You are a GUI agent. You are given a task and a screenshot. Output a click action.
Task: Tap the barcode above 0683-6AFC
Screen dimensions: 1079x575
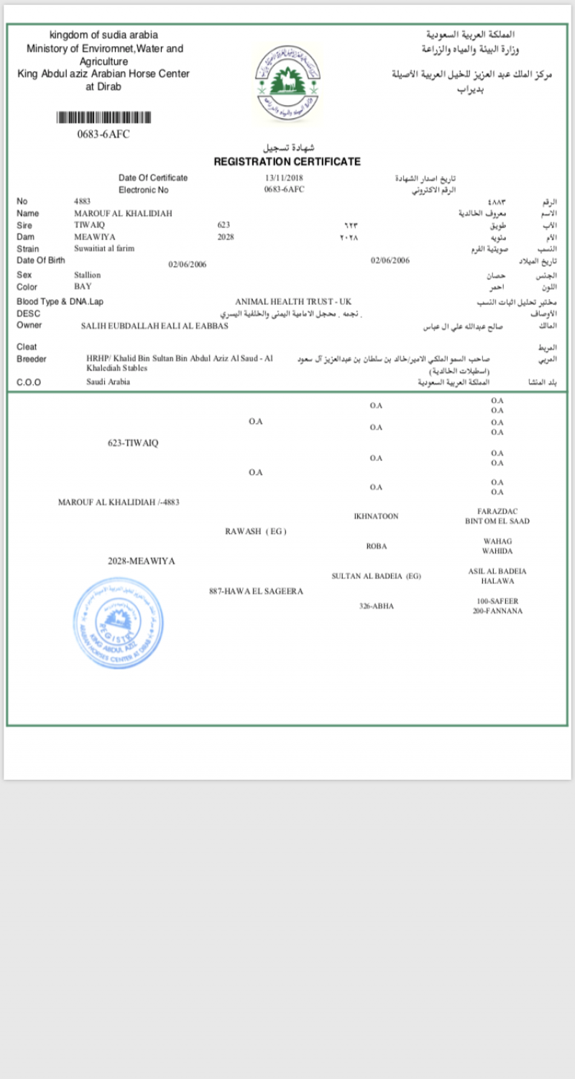pyautogui.click(x=103, y=118)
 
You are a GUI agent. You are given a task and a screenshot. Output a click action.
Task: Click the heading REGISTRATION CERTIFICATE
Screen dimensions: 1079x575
pyautogui.click(x=287, y=162)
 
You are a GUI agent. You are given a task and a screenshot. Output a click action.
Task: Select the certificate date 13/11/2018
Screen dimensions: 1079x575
pyautogui.click(x=285, y=178)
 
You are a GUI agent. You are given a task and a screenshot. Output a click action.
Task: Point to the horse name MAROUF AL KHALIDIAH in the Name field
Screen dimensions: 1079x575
pyautogui.click(x=123, y=214)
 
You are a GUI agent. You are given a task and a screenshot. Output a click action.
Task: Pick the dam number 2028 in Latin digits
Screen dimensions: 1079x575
pyautogui.click(x=226, y=237)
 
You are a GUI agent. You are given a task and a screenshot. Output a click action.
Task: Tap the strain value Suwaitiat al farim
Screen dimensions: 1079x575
pyautogui.click(x=104, y=248)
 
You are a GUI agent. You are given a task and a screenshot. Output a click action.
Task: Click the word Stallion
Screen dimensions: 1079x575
pyautogui.click(x=87, y=275)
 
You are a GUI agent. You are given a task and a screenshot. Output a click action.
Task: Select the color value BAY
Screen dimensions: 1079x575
pyautogui.click(x=83, y=286)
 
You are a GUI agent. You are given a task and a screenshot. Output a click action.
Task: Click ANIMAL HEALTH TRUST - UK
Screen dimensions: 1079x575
pyautogui.click(x=293, y=301)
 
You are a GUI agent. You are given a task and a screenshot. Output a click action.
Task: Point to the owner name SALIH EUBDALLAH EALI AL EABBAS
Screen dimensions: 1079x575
pyautogui.click(x=155, y=326)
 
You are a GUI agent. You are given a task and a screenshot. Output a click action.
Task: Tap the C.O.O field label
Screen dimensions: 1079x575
pyautogui.click(x=29, y=383)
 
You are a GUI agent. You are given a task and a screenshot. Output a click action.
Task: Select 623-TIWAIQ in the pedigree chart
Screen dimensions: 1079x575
pyautogui.click(x=133, y=443)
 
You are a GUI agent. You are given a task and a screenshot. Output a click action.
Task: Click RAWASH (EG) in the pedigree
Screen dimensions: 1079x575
pyautogui.click(x=256, y=532)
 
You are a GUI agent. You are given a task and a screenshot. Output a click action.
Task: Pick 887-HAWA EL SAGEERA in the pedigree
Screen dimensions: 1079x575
pyautogui.click(x=256, y=591)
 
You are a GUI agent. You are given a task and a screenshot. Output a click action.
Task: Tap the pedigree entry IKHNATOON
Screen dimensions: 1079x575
pyautogui.click(x=376, y=516)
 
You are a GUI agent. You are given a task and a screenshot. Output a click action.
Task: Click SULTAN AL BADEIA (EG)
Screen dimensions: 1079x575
pyautogui.click(x=376, y=576)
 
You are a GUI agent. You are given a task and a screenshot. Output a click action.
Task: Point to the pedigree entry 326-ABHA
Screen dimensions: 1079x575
pyautogui.click(x=376, y=606)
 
